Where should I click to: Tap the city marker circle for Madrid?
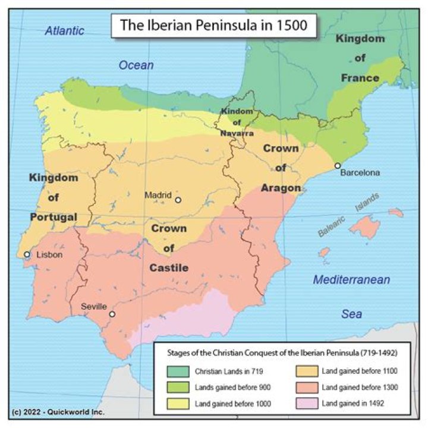pos(177,200)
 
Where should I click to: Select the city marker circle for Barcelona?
pos(338,166)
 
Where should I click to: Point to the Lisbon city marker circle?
pos(27,254)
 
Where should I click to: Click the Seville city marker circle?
pos(112,314)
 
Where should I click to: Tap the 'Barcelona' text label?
pos(360,173)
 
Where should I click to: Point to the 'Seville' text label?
pos(93,307)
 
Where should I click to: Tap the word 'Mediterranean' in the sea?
pos(351,279)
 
